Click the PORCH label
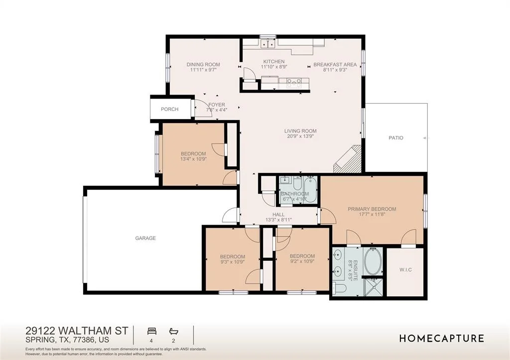tap(169, 109)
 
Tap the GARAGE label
tap(145, 238)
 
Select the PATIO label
tap(396, 138)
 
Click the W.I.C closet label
tap(405, 269)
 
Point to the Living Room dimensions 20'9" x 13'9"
tap(300, 136)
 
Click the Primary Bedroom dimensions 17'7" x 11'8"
tap(372, 214)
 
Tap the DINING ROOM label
tap(203, 64)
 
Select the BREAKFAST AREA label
tap(335, 64)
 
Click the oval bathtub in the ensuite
tap(374, 261)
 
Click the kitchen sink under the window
tap(268, 43)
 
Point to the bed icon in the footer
tap(152, 331)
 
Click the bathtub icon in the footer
tap(174, 332)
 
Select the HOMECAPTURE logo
tap(442, 338)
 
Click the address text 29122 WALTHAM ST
tap(77, 331)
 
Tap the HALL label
tap(278, 214)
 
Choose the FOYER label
tap(217, 105)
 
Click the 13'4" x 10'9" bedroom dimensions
tap(194, 159)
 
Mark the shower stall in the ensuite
tap(373, 287)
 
